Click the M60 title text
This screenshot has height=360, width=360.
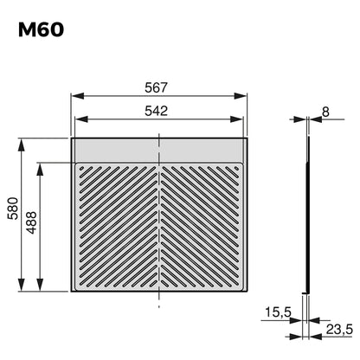[x=41, y=30]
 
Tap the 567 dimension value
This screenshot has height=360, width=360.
[x=156, y=87]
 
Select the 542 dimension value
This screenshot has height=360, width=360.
[x=156, y=111]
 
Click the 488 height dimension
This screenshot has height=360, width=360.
[x=31, y=222]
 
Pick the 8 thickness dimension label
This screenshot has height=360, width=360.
[x=325, y=112]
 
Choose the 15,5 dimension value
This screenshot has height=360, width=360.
[x=278, y=312]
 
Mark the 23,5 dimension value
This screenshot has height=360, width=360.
[x=339, y=329]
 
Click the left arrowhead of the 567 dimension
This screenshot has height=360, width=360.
[x=78, y=96]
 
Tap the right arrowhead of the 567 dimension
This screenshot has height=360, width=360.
[x=241, y=96]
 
